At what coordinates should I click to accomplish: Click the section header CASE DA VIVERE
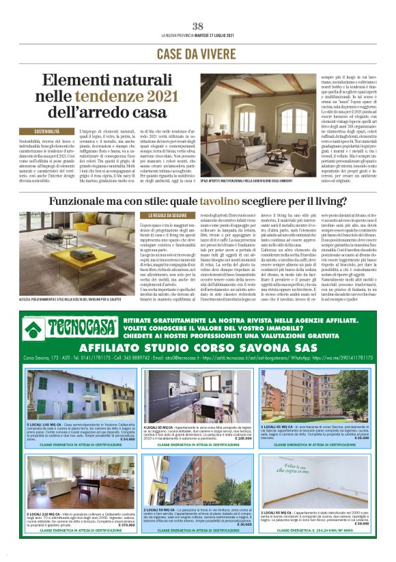pyautogui.click(x=197, y=53)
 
